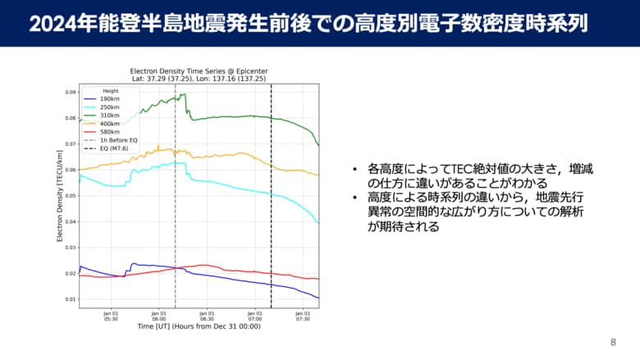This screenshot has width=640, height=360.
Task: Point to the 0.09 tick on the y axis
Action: coord(71,93)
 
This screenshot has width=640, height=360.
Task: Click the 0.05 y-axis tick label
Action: coord(71,196)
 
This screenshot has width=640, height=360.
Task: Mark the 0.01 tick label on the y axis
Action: coord(71,299)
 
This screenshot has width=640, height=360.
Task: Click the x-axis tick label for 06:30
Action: coord(207,316)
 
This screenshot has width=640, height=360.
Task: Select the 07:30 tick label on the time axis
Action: coord(303,316)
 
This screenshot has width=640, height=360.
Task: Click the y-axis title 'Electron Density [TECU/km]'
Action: coord(60,196)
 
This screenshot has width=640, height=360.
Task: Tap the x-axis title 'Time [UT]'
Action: coord(198,326)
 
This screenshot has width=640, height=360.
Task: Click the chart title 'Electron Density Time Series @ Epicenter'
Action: coord(198,71)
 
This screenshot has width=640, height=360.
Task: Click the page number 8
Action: coord(613,342)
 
